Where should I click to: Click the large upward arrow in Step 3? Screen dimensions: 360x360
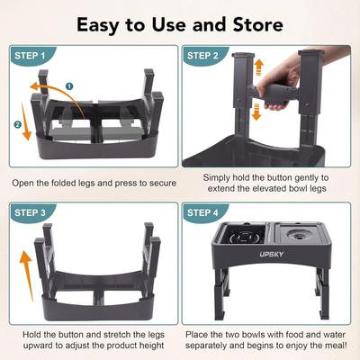[x=24, y=269]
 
